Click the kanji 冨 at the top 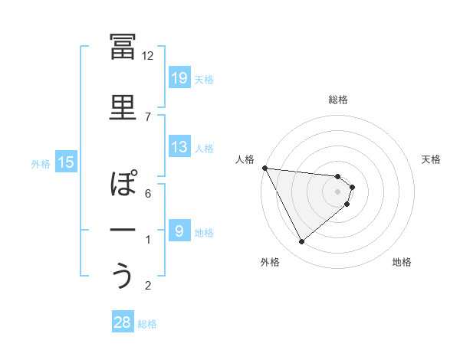123,47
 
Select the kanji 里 123,108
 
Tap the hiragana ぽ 123,185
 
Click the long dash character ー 123,229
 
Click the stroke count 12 148,55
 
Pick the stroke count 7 148,116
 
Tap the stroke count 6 148,193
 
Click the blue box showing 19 179,78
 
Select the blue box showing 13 179,147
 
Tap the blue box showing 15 66,162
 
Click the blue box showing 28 123,322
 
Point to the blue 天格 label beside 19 204,79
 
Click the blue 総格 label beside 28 147,323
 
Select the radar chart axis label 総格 338,100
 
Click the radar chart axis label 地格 402,263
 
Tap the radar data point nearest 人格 264,168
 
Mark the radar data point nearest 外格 302,242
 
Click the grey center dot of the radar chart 338,191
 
